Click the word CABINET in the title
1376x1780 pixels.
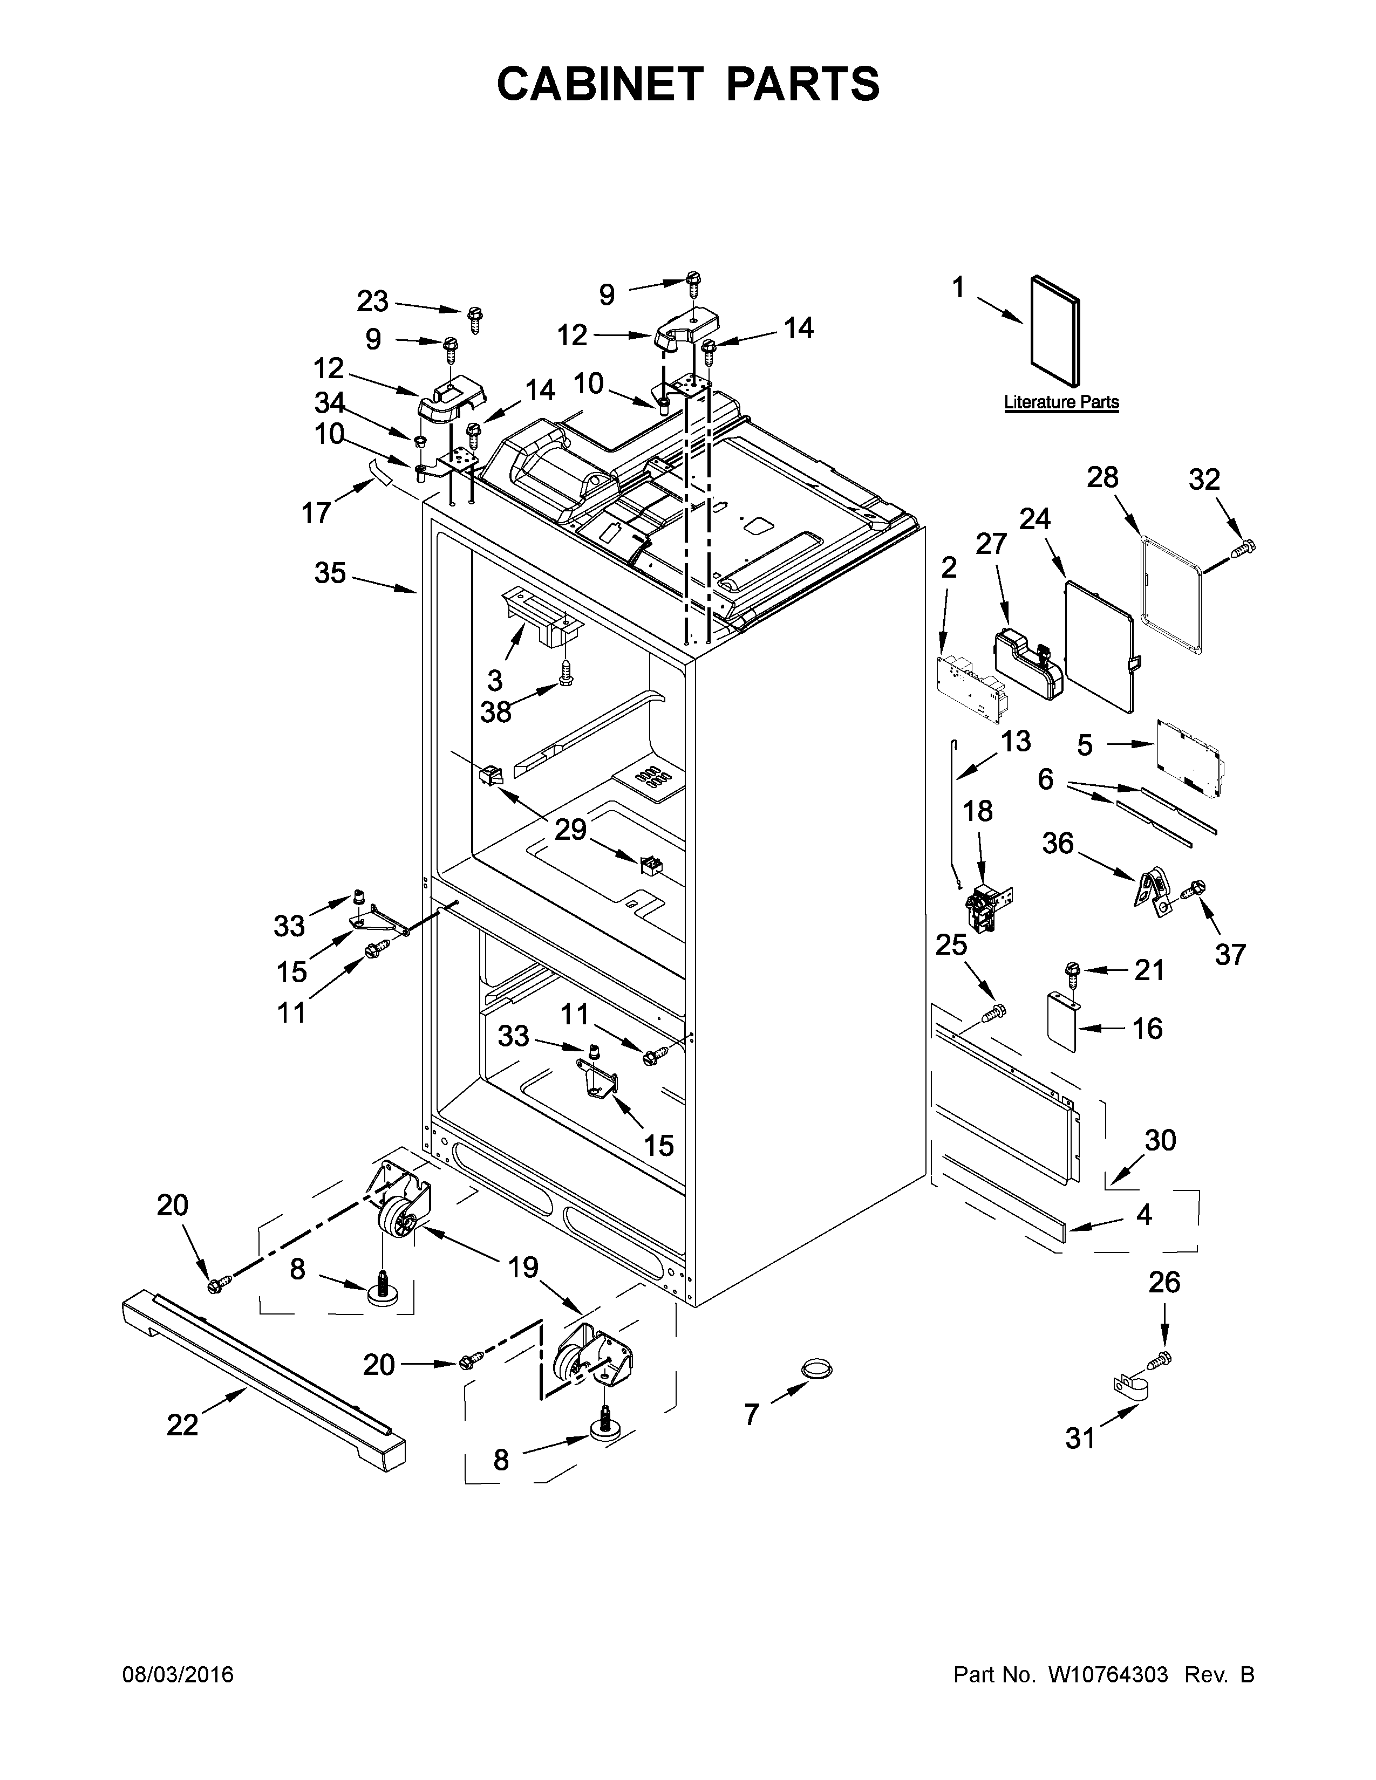(x=599, y=84)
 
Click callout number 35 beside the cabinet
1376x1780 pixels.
(x=330, y=573)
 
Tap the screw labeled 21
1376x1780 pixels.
(x=1073, y=971)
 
